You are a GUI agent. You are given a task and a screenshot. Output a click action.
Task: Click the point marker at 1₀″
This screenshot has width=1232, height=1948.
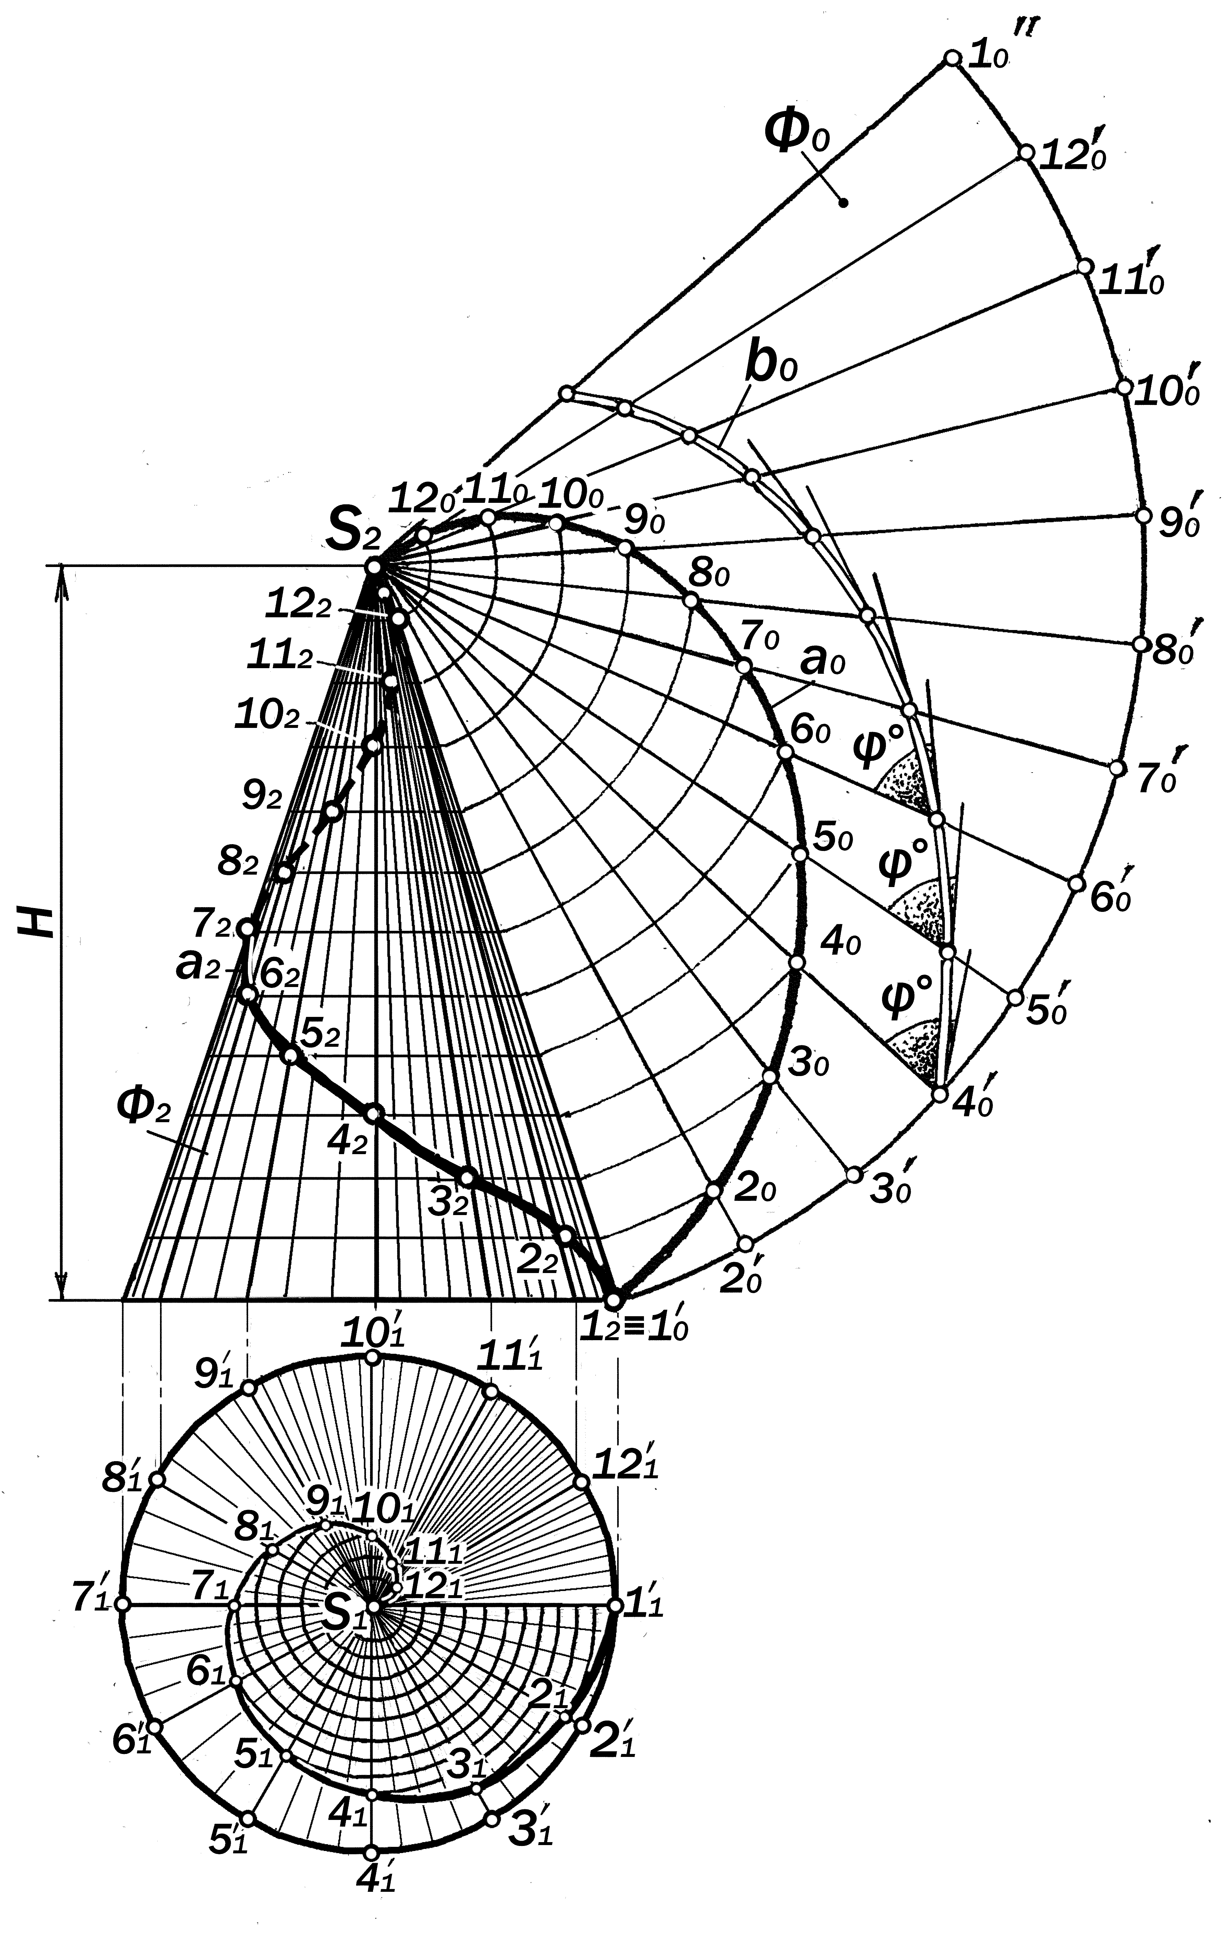952,58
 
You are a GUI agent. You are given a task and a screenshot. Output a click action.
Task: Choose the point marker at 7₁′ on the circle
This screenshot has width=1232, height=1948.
123,1603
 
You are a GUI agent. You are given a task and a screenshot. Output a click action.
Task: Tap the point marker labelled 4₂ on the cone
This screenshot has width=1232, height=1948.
372,1114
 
